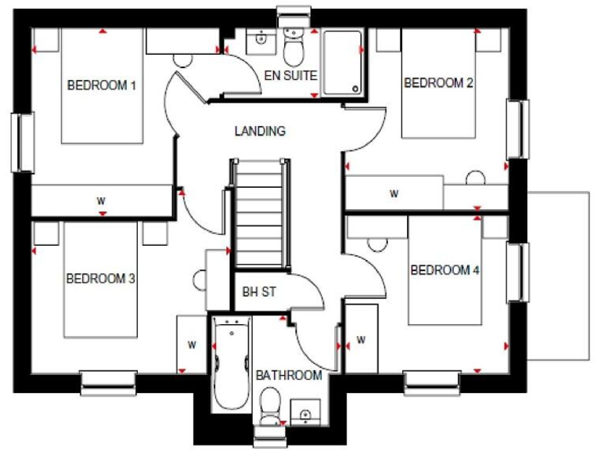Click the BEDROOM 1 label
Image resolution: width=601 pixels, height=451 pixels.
[x=102, y=85]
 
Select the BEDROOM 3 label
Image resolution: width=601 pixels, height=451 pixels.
[x=101, y=278]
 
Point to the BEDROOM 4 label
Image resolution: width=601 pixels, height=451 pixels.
[x=444, y=270]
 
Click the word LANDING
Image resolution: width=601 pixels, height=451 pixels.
[x=260, y=132]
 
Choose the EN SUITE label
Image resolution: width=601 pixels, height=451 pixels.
[x=290, y=76]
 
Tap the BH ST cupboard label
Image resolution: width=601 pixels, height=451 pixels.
[x=259, y=292]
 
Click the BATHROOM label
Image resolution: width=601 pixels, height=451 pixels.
[x=289, y=375]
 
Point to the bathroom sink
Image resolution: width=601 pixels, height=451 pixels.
[x=304, y=410]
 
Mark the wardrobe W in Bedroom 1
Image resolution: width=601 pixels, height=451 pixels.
[x=101, y=200]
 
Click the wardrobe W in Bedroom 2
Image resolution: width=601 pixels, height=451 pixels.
[x=394, y=193]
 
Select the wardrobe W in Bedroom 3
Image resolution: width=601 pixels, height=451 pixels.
[x=191, y=344]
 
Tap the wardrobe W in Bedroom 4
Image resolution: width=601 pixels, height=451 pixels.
[x=361, y=340]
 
